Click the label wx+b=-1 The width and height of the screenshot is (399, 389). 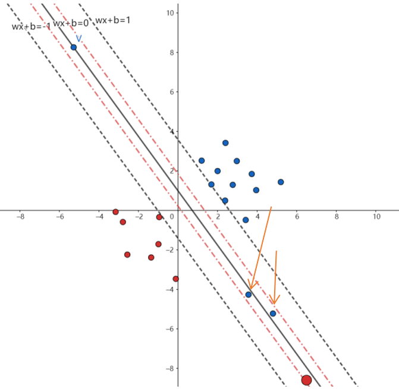coord(31,26)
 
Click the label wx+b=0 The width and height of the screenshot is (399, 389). coord(71,23)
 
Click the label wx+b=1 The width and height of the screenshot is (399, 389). coord(113,20)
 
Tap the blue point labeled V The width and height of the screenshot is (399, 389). coord(74,48)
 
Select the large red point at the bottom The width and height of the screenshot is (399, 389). coord(306,380)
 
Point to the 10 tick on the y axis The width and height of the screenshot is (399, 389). coord(172,12)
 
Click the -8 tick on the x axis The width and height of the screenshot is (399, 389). coord(21,217)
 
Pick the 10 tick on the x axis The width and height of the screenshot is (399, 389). coord(376,217)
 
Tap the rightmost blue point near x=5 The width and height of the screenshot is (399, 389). coord(281,182)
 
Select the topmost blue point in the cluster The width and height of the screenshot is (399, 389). coord(225,143)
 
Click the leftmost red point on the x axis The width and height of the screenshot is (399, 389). coord(115,212)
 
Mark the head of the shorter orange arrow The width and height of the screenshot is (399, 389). coord(274,303)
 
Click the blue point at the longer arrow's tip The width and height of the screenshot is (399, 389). coord(249,295)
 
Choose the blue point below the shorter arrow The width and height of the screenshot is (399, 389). coord(273,314)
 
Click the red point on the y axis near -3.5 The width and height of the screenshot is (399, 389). coord(175,279)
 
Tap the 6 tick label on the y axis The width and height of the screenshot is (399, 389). coord(172,91)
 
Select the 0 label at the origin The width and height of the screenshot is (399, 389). coord(172,217)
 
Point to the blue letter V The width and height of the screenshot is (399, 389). coord(78,39)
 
